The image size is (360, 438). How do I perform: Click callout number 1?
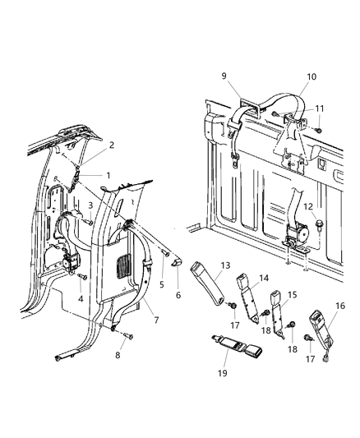pos(107,175)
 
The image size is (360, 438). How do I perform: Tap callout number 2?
pos(112,145)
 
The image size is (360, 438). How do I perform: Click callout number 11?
pos(319,108)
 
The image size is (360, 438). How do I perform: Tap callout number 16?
pos(339,306)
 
